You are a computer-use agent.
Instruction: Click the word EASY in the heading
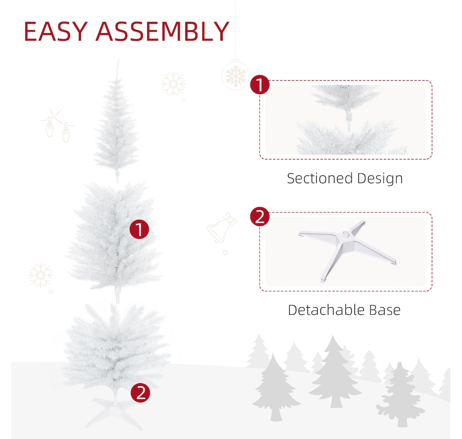(56, 31)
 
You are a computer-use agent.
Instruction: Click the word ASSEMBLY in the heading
(162, 31)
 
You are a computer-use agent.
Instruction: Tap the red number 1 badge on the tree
(139, 229)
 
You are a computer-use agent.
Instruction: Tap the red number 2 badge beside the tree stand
(140, 393)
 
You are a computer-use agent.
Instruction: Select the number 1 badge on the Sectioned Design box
(260, 85)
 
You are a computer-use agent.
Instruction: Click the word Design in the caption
(380, 179)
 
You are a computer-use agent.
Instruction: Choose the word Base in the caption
(385, 310)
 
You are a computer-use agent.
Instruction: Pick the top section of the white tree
(117, 121)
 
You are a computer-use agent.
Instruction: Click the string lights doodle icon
(58, 125)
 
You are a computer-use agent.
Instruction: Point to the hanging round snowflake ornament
(235, 75)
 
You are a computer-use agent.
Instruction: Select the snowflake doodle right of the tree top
(173, 84)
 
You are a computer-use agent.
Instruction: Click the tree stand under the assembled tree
(114, 411)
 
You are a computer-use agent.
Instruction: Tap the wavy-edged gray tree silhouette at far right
(401, 395)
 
